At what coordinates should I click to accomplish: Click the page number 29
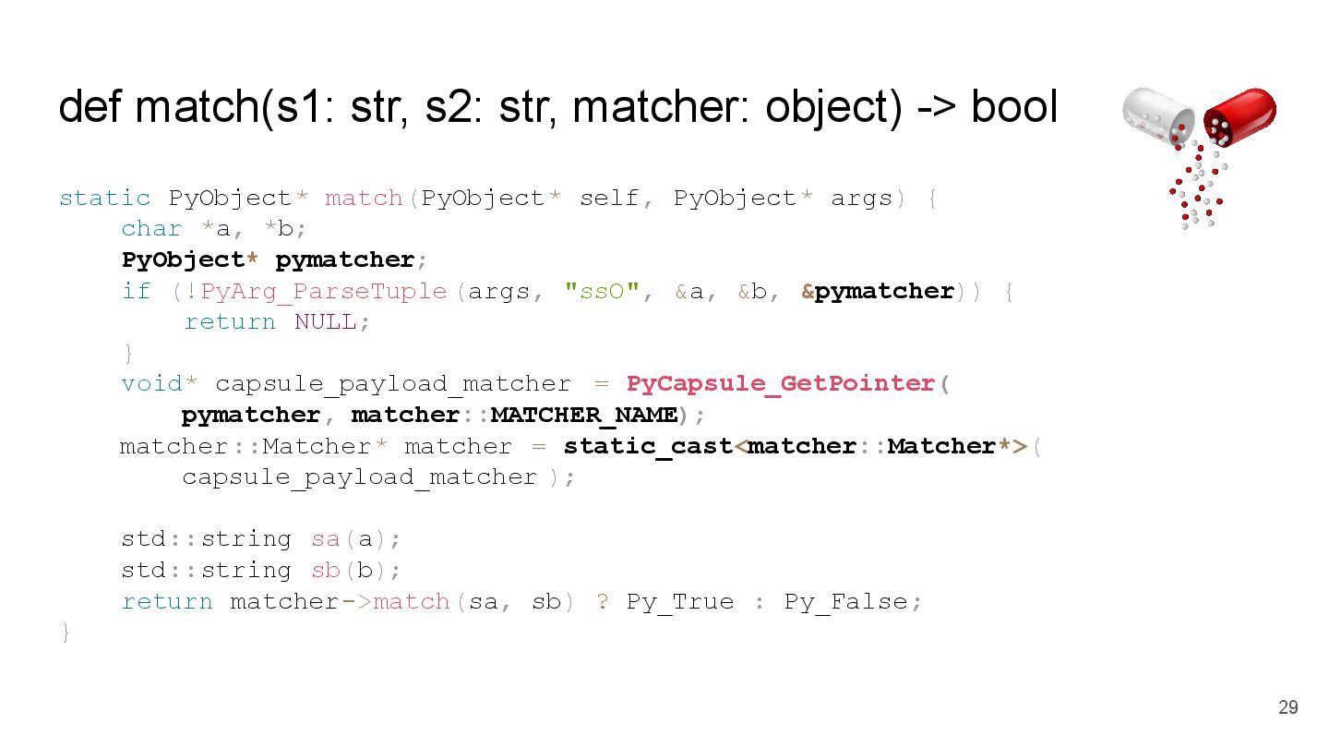[x=1287, y=707]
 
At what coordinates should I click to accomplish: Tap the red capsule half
[x=1241, y=115]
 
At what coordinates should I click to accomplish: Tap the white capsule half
[x=1157, y=115]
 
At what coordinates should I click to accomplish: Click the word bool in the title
[x=1013, y=107]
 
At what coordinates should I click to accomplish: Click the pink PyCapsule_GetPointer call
[x=781, y=383]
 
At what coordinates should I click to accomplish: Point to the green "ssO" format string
[x=603, y=291]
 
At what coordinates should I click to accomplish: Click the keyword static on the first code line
[x=104, y=198]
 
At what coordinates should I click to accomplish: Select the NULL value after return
[x=325, y=321]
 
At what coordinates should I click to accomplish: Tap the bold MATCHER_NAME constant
[x=584, y=415]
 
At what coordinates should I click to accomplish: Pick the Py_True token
[x=680, y=601]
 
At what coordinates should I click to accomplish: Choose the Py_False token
[x=846, y=601]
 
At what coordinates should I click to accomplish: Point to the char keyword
[x=151, y=228]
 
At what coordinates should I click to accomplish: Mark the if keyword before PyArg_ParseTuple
[x=136, y=291]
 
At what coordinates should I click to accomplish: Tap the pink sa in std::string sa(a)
[x=325, y=538]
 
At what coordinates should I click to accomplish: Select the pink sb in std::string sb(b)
[x=325, y=570]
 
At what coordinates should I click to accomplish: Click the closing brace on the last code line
[x=66, y=633]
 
